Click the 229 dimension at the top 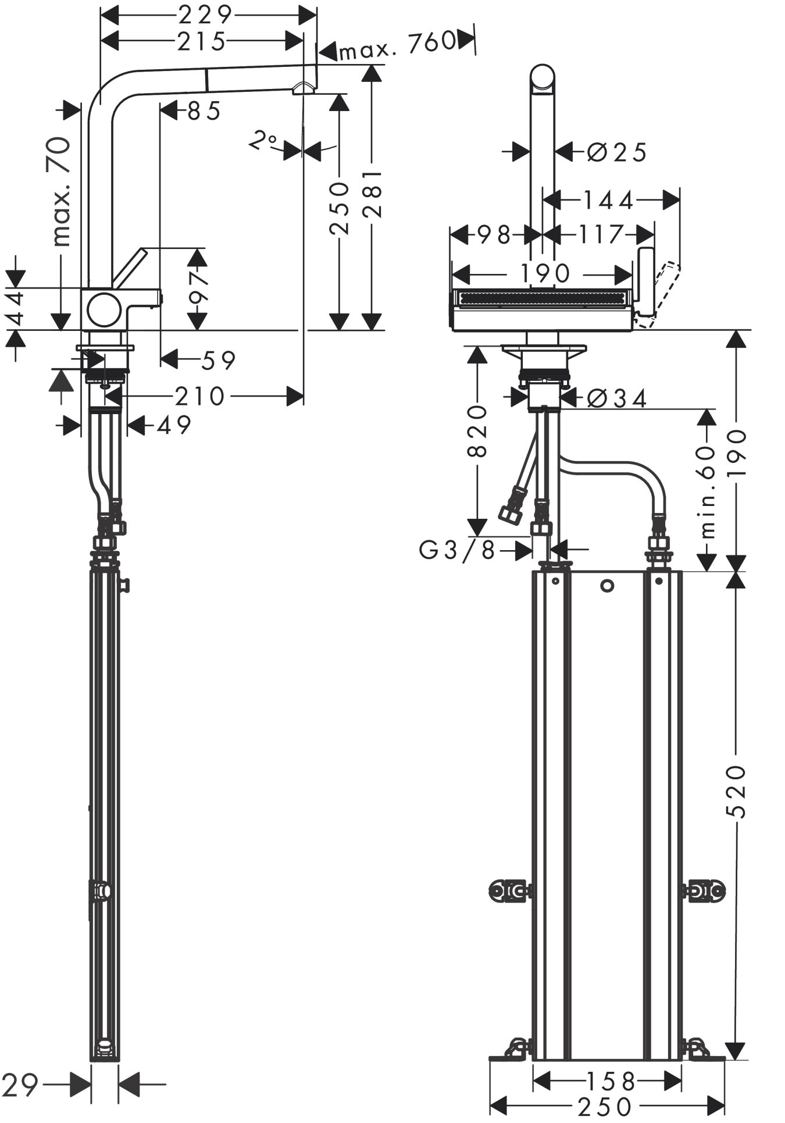205,13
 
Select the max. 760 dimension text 396,42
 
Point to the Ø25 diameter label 616,153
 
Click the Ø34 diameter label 616,399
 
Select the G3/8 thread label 457,550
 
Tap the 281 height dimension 372,194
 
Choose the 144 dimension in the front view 608,201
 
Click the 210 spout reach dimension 199,397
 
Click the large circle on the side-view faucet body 105,309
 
